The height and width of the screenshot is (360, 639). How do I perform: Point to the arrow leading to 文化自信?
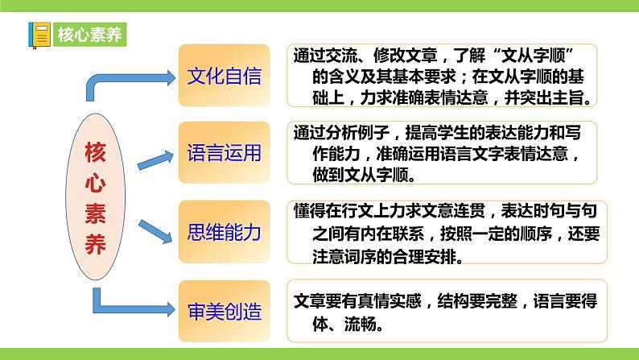tap(129, 81)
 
